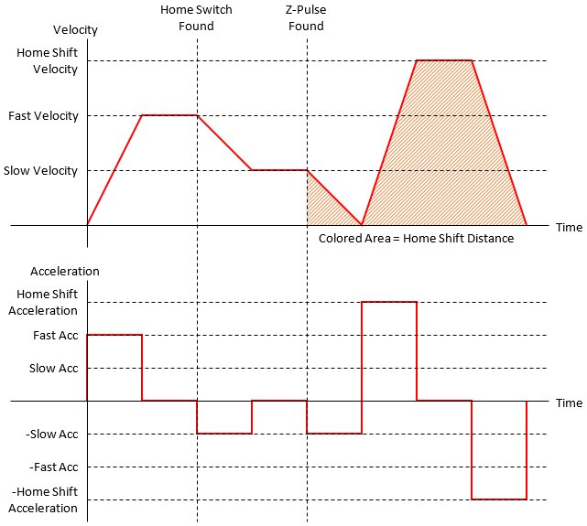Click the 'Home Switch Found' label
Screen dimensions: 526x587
click(196, 18)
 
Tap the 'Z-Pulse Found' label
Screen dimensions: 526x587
click(306, 18)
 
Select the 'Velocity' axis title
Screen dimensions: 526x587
click(75, 30)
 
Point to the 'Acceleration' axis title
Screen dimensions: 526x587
click(65, 272)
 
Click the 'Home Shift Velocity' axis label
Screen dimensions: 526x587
click(48, 60)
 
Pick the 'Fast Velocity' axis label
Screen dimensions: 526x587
click(43, 116)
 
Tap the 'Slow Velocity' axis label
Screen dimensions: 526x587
click(40, 171)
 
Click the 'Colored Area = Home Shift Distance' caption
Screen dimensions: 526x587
click(416, 239)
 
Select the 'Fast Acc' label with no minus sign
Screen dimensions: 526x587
click(56, 335)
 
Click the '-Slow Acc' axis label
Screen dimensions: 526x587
click(54, 434)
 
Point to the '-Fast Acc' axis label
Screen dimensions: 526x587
click(54, 467)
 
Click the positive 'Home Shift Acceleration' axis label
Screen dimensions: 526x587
click(48, 302)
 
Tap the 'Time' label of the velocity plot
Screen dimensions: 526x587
click(569, 227)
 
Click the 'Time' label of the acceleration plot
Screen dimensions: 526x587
click(569, 403)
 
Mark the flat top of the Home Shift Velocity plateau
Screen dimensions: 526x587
click(444, 60)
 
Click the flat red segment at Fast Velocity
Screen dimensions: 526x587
click(169, 115)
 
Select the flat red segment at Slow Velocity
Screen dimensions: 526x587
click(279, 170)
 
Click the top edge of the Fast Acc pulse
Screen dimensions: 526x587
click(114, 335)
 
